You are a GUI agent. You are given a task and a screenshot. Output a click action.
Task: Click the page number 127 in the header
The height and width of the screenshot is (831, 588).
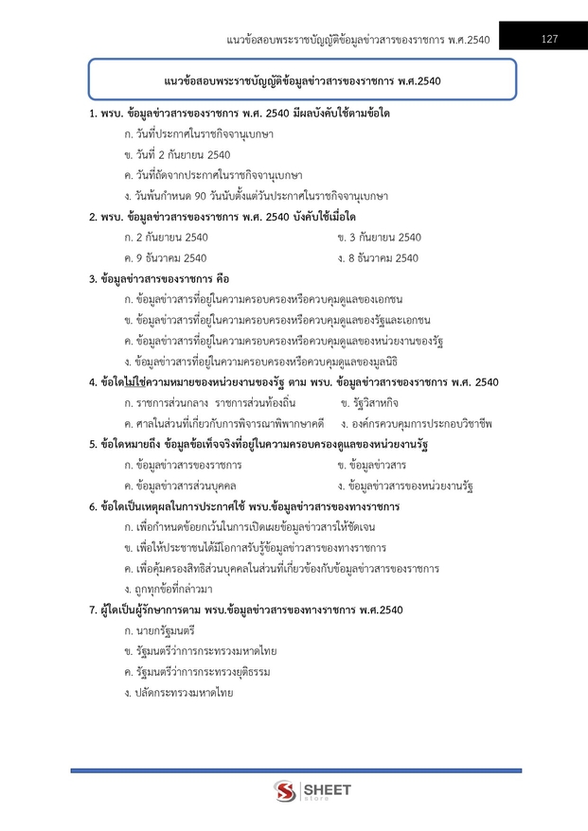[x=549, y=39]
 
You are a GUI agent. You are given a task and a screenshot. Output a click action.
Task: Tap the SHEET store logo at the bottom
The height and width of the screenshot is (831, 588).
[x=312, y=791]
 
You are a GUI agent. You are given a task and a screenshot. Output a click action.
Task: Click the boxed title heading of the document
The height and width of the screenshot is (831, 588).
[x=301, y=79]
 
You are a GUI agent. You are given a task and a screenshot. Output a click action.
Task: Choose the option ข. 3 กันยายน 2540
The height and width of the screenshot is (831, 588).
[x=379, y=237]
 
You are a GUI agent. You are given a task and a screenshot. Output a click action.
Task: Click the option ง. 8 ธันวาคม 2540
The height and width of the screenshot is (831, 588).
[x=378, y=257]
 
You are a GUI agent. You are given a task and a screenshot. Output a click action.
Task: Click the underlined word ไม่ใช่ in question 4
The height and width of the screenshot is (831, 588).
[x=131, y=381]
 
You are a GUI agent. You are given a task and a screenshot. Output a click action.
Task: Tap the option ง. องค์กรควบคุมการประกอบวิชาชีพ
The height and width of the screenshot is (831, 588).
[x=417, y=423]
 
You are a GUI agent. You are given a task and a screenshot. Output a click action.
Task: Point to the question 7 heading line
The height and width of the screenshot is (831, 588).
[x=245, y=610]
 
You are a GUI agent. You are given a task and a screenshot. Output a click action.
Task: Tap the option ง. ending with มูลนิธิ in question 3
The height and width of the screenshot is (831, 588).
[x=259, y=361]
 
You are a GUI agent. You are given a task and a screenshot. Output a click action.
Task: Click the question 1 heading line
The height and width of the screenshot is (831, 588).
[x=239, y=114]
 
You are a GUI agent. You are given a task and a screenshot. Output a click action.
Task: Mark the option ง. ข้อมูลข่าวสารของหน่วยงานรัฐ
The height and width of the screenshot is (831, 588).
[x=405, y=486]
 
